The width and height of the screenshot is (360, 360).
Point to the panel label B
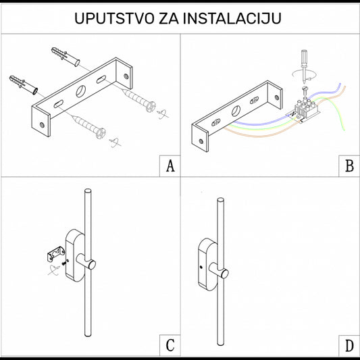349,165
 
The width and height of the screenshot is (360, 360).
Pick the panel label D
349,346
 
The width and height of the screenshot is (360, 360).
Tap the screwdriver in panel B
303,60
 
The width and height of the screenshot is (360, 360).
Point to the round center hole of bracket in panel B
236,111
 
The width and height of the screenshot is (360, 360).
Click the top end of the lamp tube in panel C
86,192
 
